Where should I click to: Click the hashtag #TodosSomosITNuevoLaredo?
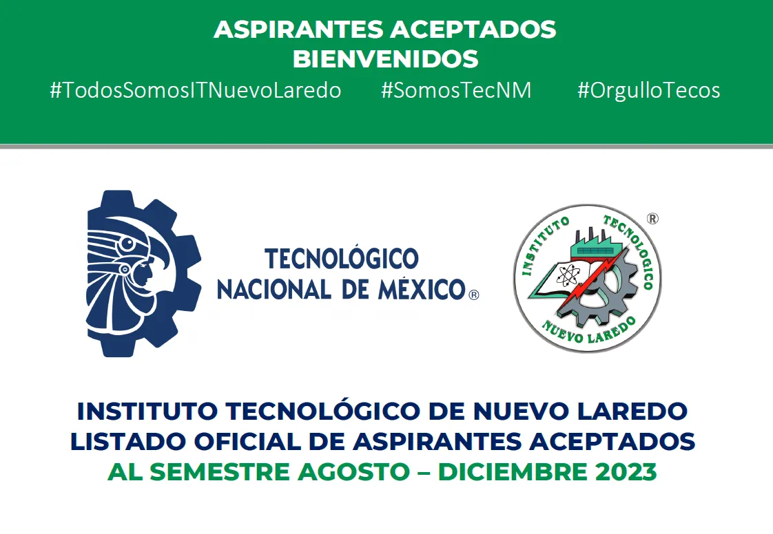(x=195, y=91)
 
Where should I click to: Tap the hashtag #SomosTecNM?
(x=456, y=91)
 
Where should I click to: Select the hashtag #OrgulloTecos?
(x=648, y=91)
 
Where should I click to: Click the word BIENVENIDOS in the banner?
(x=386, y=59)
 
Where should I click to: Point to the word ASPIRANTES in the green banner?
(x=299, y=30)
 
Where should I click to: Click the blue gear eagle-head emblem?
(x=144, y=273)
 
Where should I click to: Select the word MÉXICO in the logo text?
(x=422, y=290)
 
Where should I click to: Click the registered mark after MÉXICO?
(x=473, y=295)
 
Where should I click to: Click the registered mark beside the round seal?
(x=652, y=218)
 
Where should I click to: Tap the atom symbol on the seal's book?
(x=567, y=275)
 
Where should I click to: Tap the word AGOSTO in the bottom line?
(x=353, y=471)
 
